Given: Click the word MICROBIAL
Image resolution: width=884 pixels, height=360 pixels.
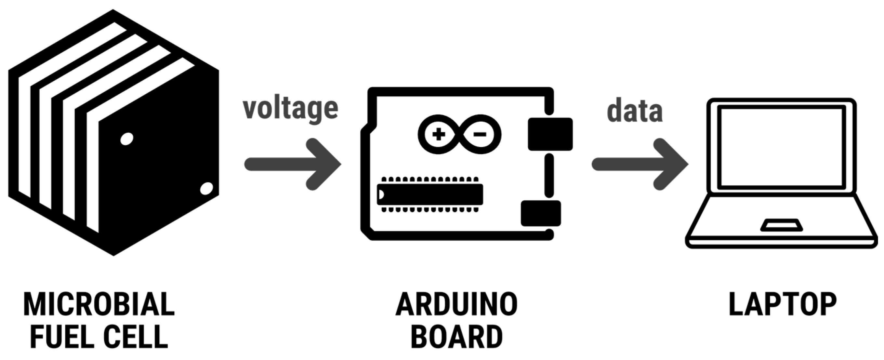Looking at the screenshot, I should click(99, 304).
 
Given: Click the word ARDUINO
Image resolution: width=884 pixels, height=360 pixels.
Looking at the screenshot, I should click(456, 304).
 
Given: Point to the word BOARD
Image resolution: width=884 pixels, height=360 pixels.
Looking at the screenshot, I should click(456, 337).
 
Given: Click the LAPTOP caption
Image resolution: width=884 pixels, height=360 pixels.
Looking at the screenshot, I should click(783, 304).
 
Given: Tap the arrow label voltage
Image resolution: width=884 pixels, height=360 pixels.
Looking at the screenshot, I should click(290, 109).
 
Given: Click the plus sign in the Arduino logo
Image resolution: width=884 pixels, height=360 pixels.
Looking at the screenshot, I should click(438, 134).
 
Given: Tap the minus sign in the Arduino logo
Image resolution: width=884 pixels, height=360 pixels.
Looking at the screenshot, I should click(480, 134).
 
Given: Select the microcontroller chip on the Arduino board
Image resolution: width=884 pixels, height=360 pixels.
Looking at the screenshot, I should click(430, 194).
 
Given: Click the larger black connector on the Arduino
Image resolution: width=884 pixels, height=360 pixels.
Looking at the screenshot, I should click(550, 134).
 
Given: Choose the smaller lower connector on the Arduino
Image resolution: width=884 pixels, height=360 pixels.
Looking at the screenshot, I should click(541, 213).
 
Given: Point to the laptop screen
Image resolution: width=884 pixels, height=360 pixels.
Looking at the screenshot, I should click(781, 147).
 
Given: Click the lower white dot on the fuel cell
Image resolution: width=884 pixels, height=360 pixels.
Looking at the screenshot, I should click(206, 188).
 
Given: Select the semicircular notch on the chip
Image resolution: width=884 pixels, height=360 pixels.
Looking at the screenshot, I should click(381, 194).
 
